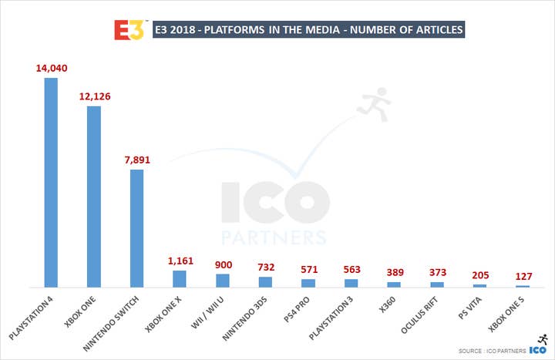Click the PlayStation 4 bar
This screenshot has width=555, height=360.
tap(51, 182)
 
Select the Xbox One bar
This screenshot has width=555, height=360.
tap(94, 196)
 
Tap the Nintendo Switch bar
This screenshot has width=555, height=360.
tap(136, 227)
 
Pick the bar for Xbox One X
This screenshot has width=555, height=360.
tap(179, 278)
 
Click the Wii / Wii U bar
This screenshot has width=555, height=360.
tap(222, 281)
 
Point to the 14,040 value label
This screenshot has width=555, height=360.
tap(51, 68)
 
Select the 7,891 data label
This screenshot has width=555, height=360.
tap(137, 159)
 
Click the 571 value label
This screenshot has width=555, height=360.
tap(308, 269)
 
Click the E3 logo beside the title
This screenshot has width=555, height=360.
tap(129, 30)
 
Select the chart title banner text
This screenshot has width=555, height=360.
tap(308, 31)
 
